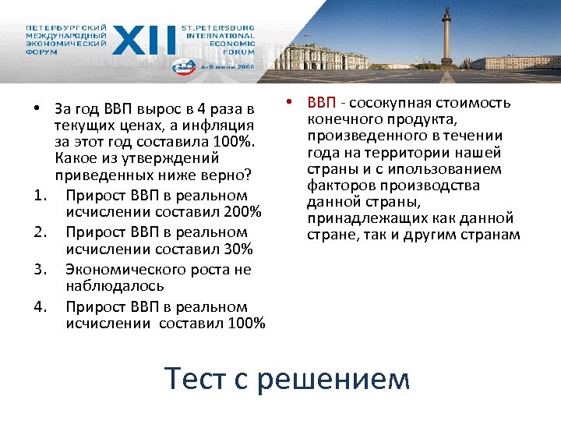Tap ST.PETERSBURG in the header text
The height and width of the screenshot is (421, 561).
click(217, 27)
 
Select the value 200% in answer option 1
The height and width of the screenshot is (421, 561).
click(242, 213)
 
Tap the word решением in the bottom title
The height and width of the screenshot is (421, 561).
click(333, 379)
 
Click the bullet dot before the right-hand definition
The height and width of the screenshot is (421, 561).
click(288, 102)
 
